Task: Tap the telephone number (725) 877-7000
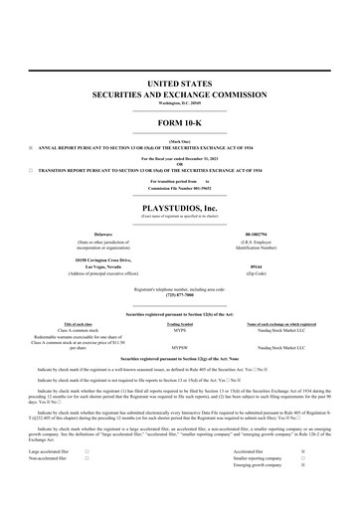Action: [x=180, y=294]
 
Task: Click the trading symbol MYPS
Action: [x=180, y=330]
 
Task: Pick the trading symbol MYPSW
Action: [x=180, y=348]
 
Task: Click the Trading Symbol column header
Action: [x=180, y=323]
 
